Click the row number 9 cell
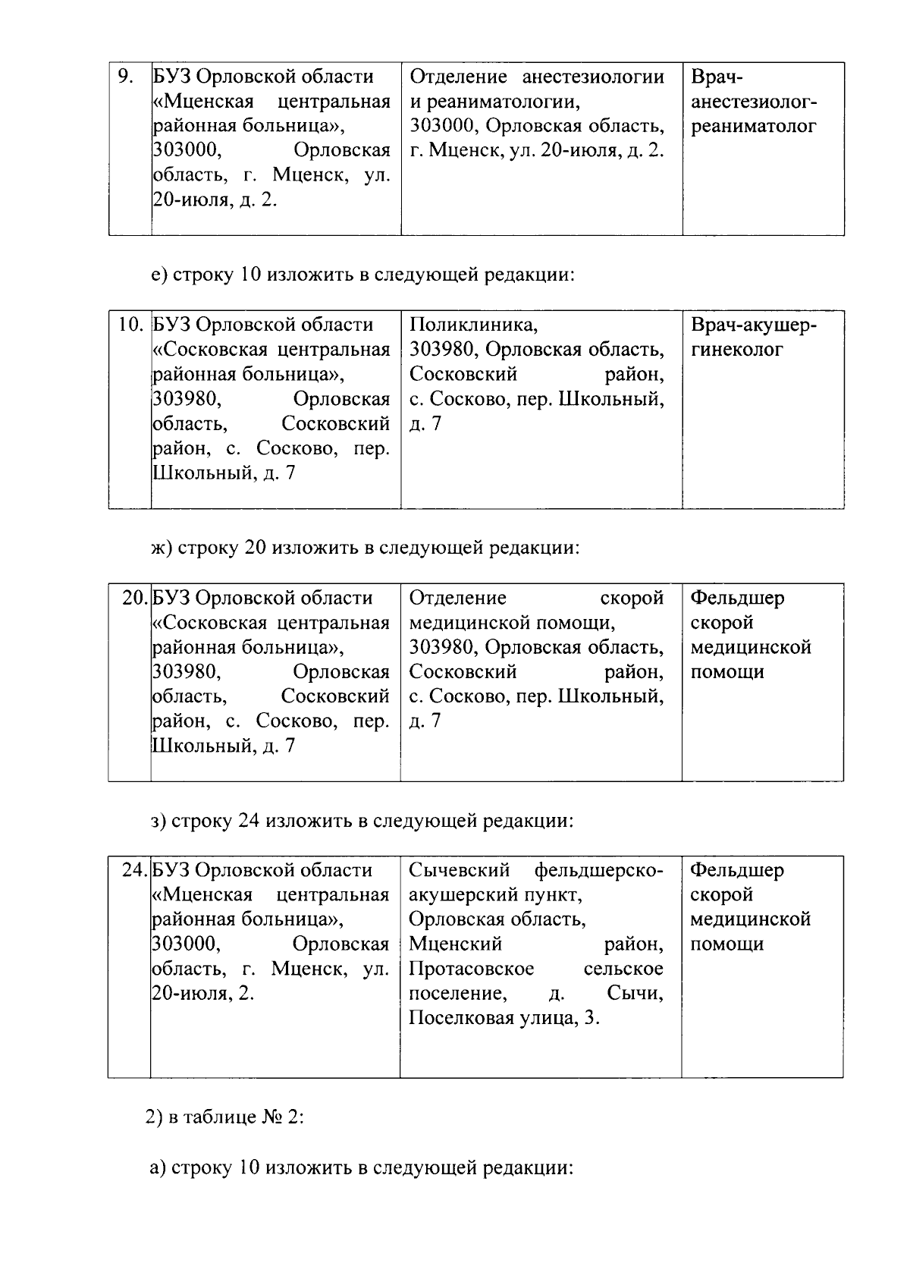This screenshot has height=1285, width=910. [126, 77]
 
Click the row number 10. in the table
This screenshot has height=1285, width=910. [130, 325]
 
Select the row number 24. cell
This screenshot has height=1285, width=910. [135, 870]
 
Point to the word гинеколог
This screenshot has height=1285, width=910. [736, 350]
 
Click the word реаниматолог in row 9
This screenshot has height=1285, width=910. [754, 126]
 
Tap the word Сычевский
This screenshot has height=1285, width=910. [459, 870]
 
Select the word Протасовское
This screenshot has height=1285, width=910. [471, 969]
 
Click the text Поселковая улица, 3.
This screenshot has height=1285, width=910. [504, 1018]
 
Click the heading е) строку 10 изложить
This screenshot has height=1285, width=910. [362, 275]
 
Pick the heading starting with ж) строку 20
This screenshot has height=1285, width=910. [365, 548]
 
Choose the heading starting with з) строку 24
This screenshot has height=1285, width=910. [362, 821]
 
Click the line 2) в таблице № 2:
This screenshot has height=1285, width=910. [224, 1118]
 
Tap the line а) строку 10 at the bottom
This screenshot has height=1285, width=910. [360, 1167]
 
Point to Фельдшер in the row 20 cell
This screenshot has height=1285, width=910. [737, 598]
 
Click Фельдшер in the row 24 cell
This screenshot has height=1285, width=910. [737, 870]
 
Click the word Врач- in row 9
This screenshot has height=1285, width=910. [717, 77]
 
